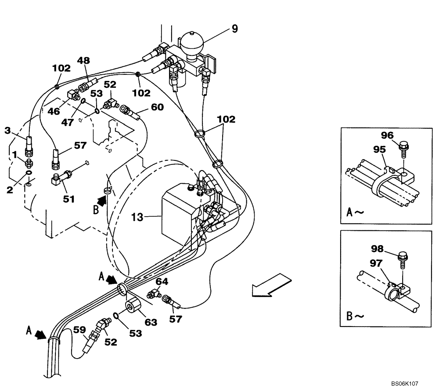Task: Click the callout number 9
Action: coord(235,29)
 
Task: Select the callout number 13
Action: coord(137,217)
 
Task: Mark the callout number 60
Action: coord(157,107)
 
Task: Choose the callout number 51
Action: coord(68,199)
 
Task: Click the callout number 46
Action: coord(54,111)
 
